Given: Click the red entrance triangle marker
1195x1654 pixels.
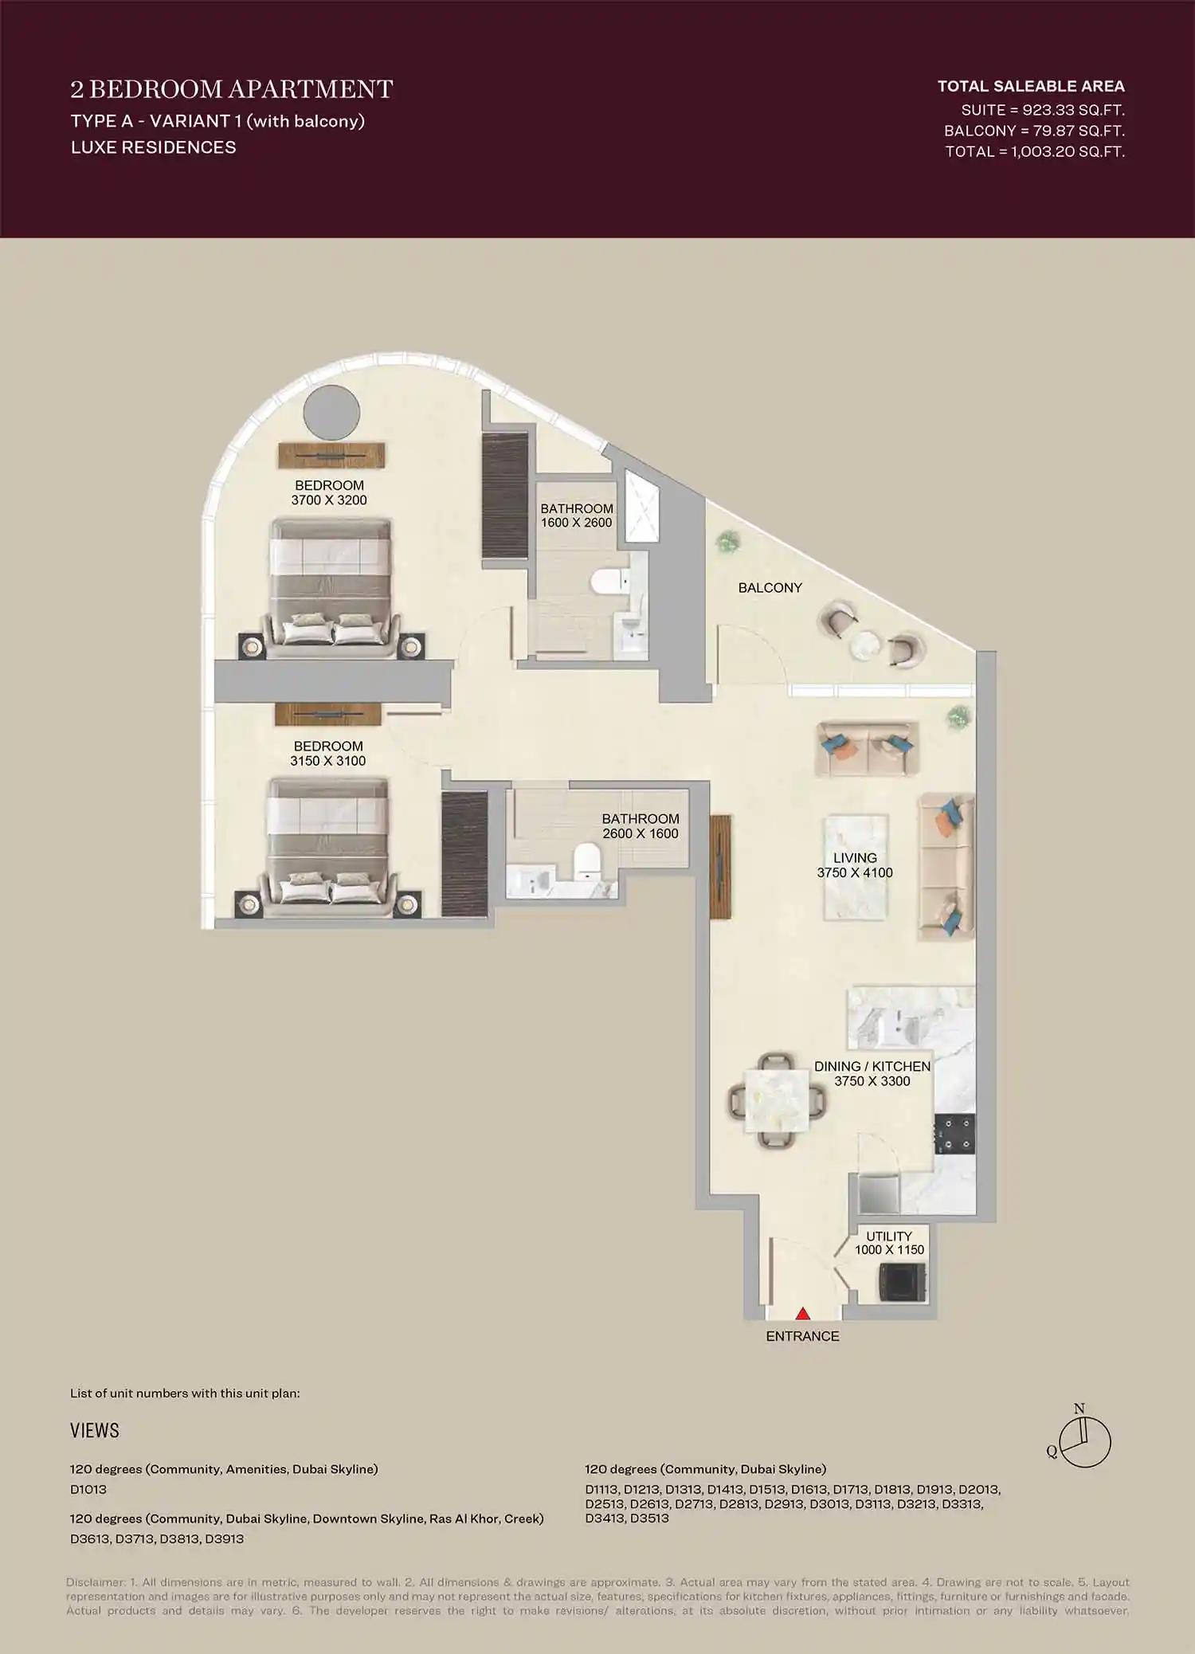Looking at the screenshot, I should [x=803, y=1313].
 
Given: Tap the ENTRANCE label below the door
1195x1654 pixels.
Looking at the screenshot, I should [x=802, y=1336].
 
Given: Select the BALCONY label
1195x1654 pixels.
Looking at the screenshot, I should [x=770, y=588].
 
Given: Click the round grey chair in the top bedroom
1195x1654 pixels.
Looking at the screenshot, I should [x=331, y=413].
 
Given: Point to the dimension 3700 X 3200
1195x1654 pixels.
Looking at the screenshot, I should [x=329, y=500].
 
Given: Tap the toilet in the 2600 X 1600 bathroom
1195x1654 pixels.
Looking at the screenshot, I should [x=587, y=862].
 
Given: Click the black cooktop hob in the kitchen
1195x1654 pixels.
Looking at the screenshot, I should [x=954, y=1135].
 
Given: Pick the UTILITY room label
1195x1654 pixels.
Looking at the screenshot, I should [x=889, y=1236].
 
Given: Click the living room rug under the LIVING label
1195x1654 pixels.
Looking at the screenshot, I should [x=855, y=900].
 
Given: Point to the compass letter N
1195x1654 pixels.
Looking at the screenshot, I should [x=1079, y=1409].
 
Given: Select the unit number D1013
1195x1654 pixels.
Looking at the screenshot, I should [x=88, y=1489].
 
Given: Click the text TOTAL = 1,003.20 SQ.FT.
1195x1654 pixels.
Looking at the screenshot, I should [x=1035, y=151].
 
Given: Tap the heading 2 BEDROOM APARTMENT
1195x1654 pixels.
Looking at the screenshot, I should [x=232, y=89].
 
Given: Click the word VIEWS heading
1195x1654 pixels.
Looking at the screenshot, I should [x=95, y=1430].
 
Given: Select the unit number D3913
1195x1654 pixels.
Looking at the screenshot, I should [x=224, y=1538].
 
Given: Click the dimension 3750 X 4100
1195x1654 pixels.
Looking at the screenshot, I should [x=855, y=872].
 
